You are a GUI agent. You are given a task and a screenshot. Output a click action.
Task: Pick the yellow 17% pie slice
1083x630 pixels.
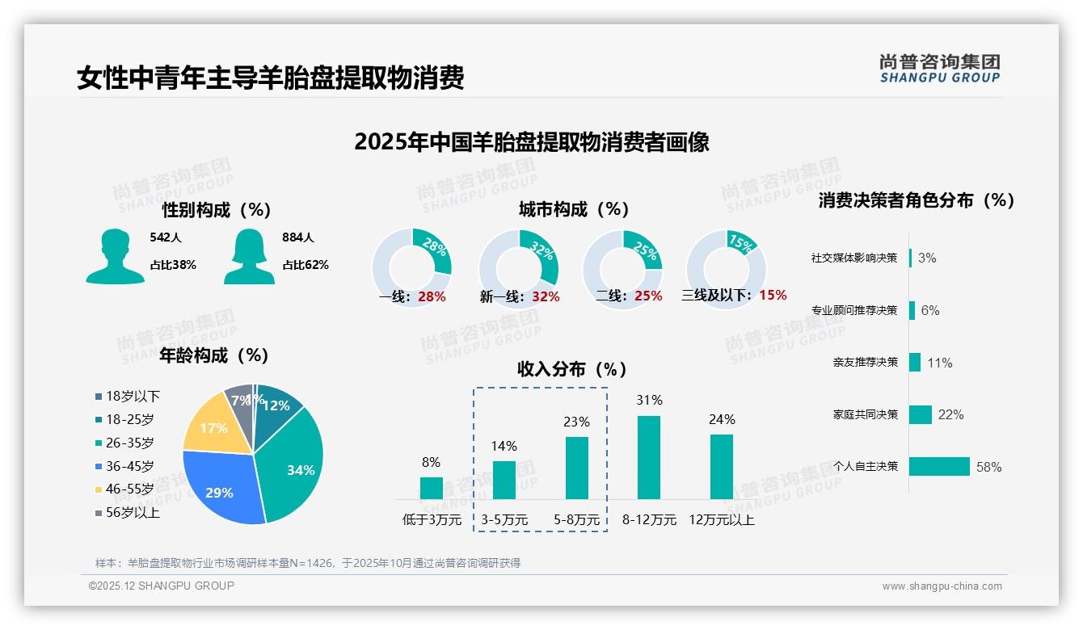(x=212, y=426)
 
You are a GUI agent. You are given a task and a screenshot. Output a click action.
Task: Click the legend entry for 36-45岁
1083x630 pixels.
(x=129, y=466)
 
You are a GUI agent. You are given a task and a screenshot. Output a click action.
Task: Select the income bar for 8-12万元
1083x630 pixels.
(x=649, y=457)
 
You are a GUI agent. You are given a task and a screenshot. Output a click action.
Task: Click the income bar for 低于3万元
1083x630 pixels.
(x=431, y=488)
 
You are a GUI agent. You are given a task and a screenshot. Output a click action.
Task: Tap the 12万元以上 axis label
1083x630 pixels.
(x=721, y=519)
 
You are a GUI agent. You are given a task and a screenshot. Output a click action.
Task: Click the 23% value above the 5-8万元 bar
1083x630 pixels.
(x=577, y=422)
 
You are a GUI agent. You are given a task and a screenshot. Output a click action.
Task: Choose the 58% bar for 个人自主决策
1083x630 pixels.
(x=939, y=467)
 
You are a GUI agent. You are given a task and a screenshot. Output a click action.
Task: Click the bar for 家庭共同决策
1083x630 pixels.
(x=921, y=414)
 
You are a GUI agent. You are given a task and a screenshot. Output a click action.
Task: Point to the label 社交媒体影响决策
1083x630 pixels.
(x=854, y=258)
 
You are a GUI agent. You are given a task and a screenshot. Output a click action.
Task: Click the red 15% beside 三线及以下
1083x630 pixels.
(x=773, y=295)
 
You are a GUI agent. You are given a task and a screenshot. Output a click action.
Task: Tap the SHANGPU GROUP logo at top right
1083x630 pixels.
(x=940, y=69)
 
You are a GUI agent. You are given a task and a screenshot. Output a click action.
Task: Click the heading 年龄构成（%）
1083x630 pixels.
(x=214, y=355)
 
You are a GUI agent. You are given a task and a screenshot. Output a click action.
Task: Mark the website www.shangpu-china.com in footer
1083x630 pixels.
(x=942, y=586)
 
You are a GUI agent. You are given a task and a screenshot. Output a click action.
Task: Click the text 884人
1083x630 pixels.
(x=297, y=237)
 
